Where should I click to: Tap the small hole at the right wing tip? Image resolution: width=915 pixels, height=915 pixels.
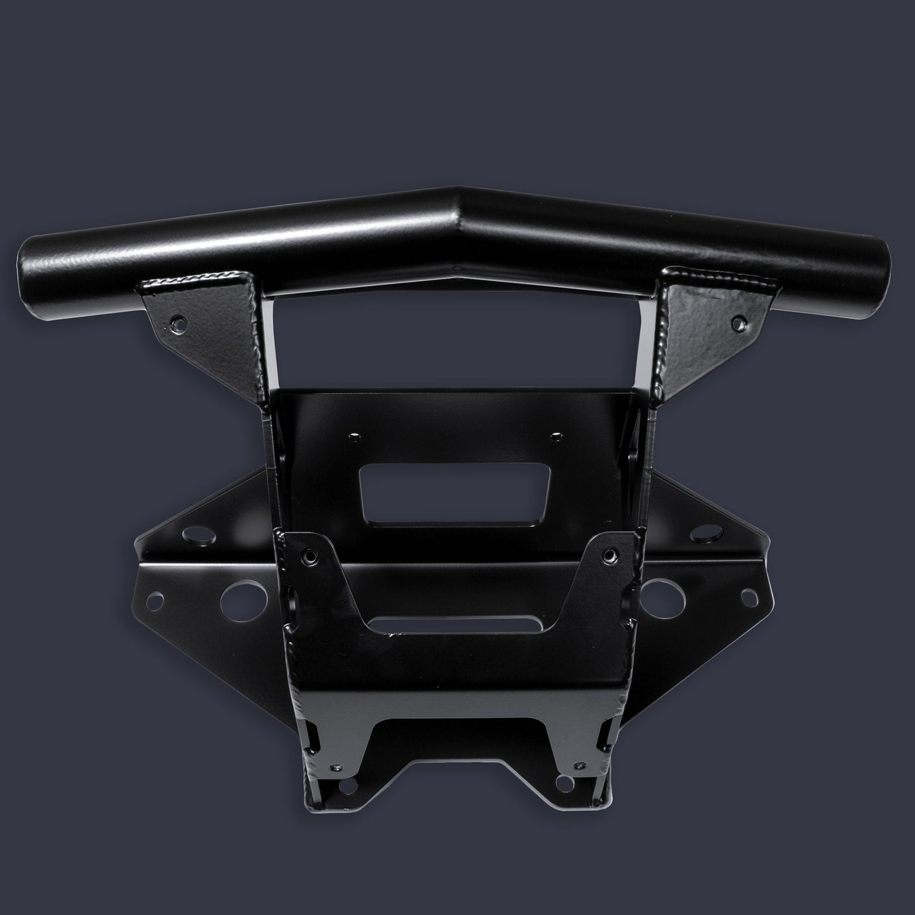[748, 595]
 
